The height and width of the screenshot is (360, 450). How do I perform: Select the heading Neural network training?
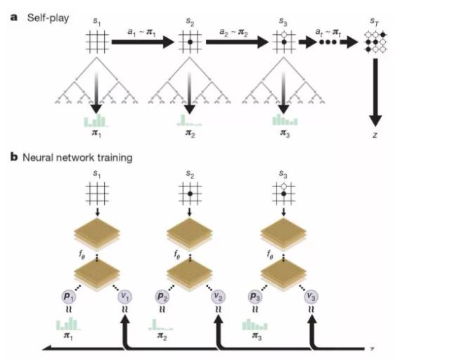click(x=76, y=157)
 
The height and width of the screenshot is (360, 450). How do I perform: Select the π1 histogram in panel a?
click(x=96, y=120)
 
